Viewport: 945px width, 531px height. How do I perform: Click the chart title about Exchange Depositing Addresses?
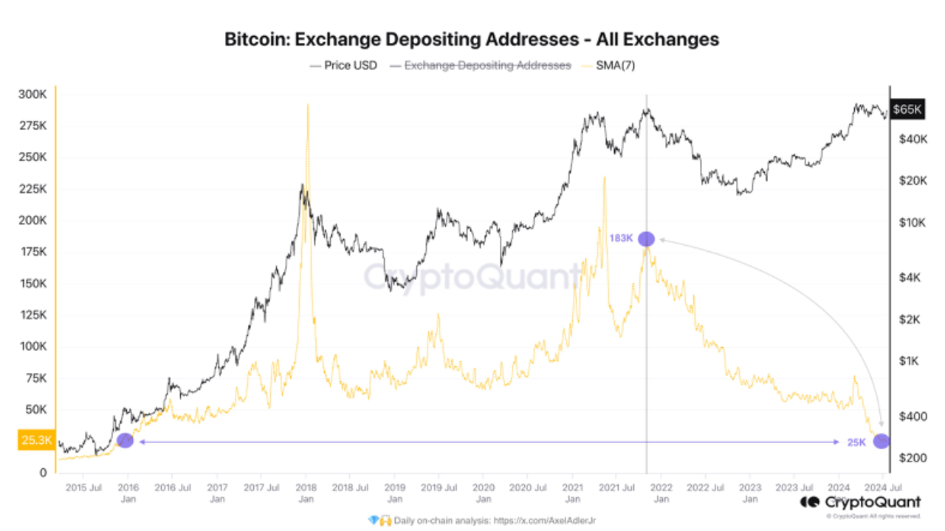472,39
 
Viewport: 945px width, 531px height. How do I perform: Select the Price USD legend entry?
344,66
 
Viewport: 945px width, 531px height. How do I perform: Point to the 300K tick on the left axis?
33,95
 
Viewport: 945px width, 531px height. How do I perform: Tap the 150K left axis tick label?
33,284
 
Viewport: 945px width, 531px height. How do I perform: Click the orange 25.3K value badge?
35,441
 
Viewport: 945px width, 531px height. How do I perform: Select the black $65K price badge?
907,109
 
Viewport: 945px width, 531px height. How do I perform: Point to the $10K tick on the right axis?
907,222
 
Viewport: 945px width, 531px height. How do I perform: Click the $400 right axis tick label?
907,417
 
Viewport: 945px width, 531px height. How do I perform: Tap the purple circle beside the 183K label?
646,239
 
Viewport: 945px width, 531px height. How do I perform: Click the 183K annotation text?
622,239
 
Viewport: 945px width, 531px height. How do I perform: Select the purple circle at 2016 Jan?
125,440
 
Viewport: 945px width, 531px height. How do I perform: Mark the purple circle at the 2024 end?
882,441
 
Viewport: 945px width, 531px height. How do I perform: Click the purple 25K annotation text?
856,442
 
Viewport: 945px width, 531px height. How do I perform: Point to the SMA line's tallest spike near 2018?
307,106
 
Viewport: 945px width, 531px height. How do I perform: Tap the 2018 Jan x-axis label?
306,493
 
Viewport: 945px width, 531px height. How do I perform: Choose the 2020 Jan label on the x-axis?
484,493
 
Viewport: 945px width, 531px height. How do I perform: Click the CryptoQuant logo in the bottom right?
861,503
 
